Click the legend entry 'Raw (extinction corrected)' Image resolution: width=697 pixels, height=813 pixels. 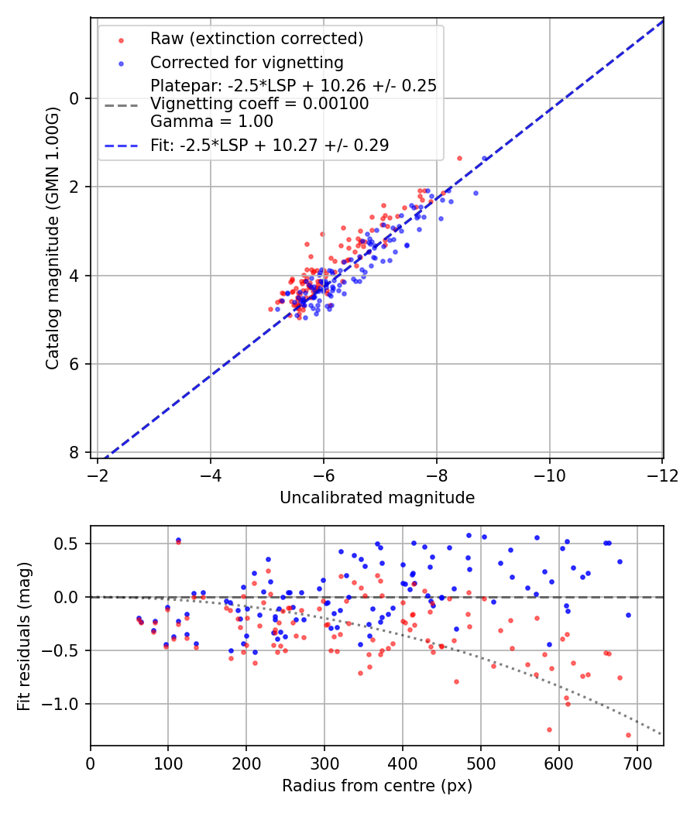[256, 39]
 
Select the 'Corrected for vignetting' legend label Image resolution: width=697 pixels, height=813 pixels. [246, 62]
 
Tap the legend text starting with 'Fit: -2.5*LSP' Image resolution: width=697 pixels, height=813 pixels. [270, 145]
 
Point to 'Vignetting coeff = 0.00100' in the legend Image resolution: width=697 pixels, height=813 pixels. [259, 104]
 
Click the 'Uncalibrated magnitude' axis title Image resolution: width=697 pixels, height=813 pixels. [376, 498]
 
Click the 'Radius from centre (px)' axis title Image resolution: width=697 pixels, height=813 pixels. [376, 786]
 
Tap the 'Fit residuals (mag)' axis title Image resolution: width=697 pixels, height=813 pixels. [24, 636]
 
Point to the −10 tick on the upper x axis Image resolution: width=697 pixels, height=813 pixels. [549, 473]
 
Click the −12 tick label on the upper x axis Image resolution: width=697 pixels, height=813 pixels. [661, 473]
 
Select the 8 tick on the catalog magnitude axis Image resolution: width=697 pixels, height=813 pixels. [74, 452]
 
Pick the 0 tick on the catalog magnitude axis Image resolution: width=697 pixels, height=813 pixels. [74, 98]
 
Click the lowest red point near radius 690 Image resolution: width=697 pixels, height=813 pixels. [628, 735]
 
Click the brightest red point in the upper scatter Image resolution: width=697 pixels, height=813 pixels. [459, 158]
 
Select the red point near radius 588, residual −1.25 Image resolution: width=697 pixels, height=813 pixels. [549, 729]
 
